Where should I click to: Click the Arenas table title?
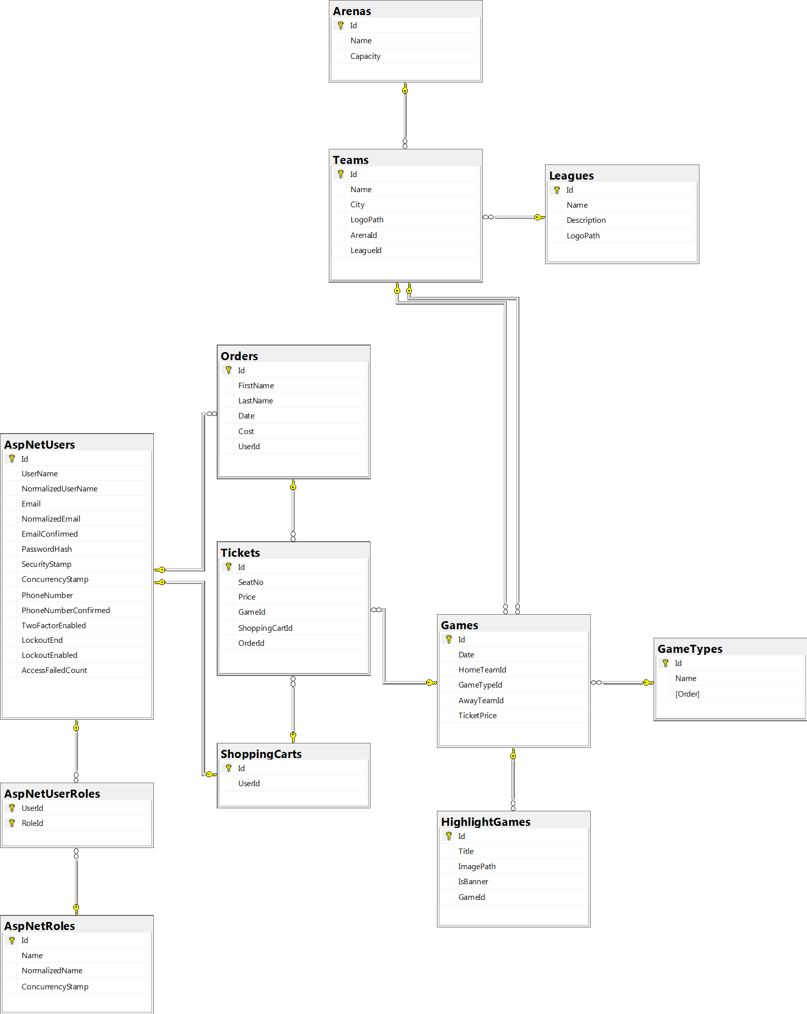coord(352,11)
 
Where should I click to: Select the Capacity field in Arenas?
coord(365,56)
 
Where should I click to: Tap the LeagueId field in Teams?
coord(366,250)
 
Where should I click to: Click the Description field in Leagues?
coord(586,220)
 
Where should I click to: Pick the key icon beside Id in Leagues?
coord(557,190)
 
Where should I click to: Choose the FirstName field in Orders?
coord(256,386)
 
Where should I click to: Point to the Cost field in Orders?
coord(246,432)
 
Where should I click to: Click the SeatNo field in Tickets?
coord(250,582)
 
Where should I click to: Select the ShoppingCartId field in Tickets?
coord(265,628)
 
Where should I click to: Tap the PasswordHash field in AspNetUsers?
coord(46,549)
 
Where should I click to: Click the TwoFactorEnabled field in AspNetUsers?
coord(53,626)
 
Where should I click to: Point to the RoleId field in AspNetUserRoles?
coord(32,823)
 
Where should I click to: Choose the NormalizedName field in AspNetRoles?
coord(52,971)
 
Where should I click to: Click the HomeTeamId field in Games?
coord(482,670)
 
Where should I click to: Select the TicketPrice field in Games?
coord(477,716)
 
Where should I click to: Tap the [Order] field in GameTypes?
coord(687,694)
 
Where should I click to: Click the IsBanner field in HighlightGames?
coord(473,882)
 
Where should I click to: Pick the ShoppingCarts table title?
coord(261,754)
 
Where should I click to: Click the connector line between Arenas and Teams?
coord(405,116)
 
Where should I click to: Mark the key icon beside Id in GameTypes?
coord(665,663)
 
